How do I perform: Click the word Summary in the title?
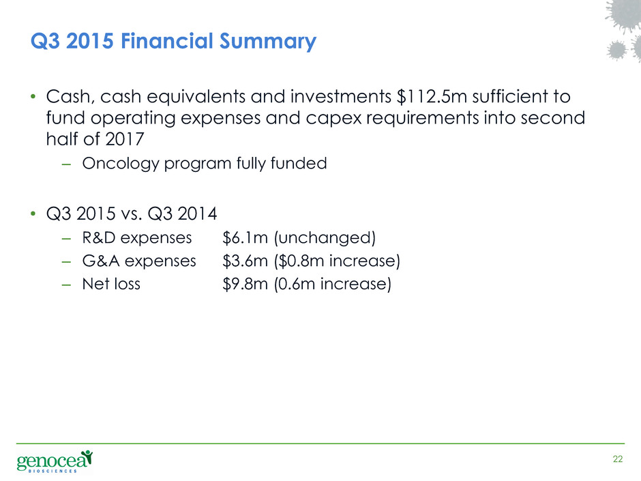click(268, 42)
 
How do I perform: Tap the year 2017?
click(124, 139)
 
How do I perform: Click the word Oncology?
click(121, 164)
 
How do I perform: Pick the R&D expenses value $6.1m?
click(245, 237)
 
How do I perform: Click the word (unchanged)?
click(325, 238)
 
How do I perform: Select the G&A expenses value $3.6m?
click(245, 261)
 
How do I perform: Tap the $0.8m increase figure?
click(301, 261)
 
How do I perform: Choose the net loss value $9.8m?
click(245, 284)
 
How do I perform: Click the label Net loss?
click(111, 284)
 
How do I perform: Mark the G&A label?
click(101, 261)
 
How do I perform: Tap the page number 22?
click(618, 459)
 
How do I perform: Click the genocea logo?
click(55, 461)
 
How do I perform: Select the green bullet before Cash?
click(33, 97)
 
